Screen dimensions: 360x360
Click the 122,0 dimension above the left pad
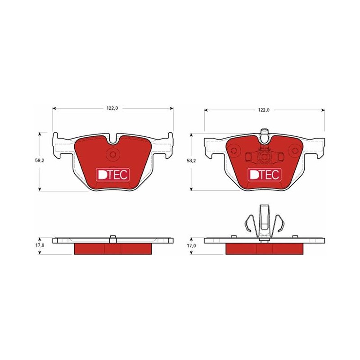(x=112, y=108)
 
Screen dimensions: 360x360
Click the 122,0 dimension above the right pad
(x=264, y=110)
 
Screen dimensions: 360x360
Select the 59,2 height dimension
(x=40, y=161)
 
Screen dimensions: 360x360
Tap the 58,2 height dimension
(x=191, y=161)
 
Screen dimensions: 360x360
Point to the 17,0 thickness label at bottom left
(x=40, y=245)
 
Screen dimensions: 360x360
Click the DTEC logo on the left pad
(x=113, y=175)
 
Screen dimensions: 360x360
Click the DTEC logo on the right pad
(x=264, y=175)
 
